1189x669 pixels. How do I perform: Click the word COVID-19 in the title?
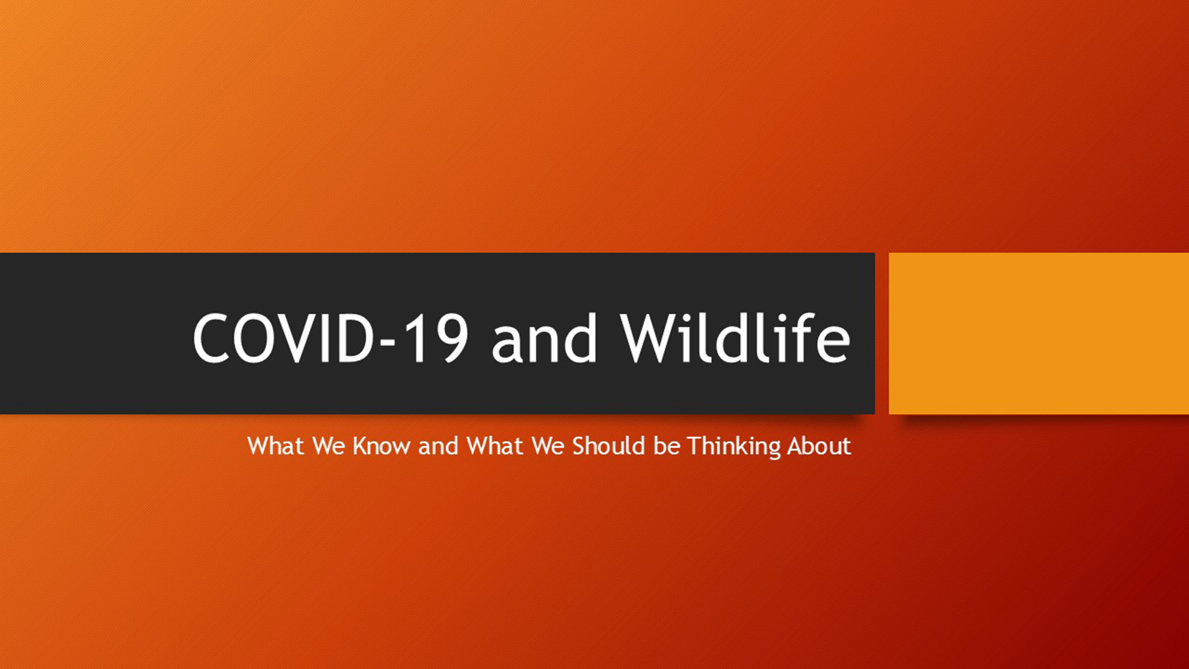(331, 338)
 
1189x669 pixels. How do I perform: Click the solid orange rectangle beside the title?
(1039, 333)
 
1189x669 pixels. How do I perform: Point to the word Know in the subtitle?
(381, 446)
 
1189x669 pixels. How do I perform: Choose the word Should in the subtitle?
(609, 445)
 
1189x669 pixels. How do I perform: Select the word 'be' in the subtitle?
(666, 445)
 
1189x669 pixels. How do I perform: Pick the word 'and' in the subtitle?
(438, 445)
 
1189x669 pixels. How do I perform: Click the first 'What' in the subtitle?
(275, 446)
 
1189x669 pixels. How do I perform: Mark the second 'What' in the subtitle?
(495, 446)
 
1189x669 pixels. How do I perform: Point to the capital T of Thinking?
(696, 446)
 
